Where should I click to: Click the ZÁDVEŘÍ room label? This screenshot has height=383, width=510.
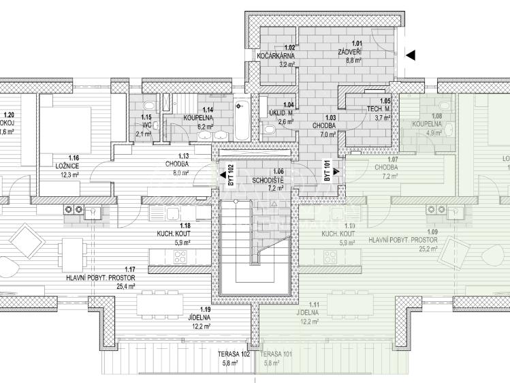(x=352, y=52)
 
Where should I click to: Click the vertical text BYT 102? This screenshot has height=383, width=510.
(x=231, y=175)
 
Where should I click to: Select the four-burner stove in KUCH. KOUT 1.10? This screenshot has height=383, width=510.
(x=331, y=257)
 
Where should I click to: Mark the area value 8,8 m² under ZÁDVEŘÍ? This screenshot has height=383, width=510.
(x=353, y=60)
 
